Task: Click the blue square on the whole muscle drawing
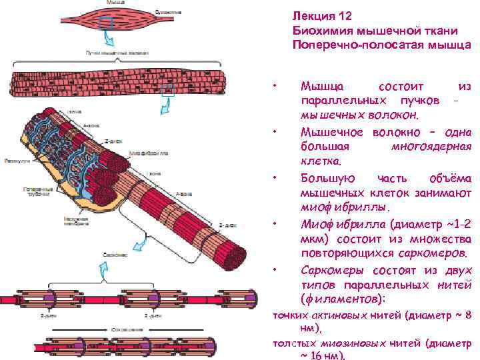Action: click(x=105, y=23)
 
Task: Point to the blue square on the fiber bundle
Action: click(x=167, y=89)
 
